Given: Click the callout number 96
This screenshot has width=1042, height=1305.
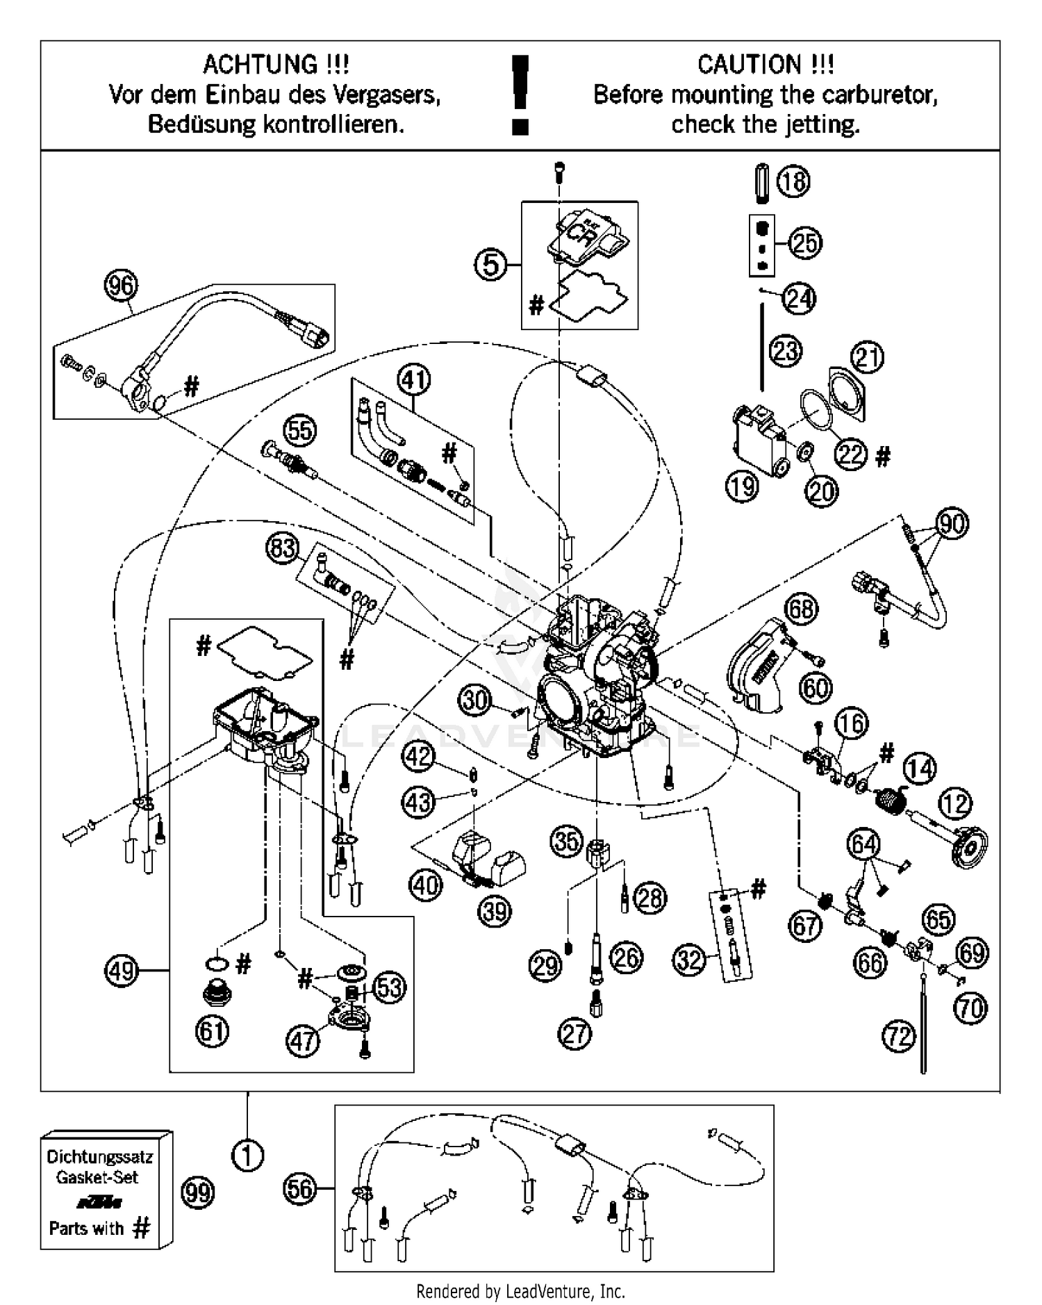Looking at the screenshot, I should coord(122,286).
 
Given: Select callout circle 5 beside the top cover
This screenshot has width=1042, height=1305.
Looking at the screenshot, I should coord(491,265).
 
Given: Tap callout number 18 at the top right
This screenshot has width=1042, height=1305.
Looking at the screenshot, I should coord(793,182).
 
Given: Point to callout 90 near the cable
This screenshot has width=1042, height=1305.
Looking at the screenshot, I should coord(952,523).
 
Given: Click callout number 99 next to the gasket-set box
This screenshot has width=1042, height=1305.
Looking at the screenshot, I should coord(198,1193).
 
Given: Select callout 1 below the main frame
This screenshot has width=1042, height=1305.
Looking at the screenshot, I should coord(248,1156).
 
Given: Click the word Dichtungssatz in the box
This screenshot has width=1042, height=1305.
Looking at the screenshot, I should coord(99,1157).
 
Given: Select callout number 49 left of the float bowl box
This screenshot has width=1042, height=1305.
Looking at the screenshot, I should coord(122,970).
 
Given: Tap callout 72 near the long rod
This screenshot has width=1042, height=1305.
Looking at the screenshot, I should coord(899,1037).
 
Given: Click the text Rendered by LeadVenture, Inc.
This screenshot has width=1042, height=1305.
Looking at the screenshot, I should coord(520,1292).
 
